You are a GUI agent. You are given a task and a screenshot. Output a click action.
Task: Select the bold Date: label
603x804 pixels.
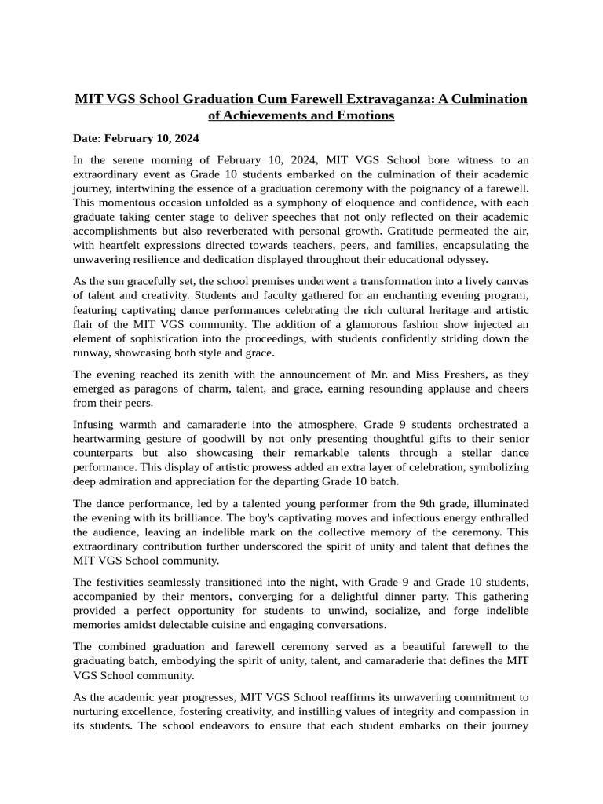pyautogui.click(x=88, y=138)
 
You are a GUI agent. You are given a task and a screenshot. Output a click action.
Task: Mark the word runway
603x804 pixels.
pyautogui.click(x=92, y=353)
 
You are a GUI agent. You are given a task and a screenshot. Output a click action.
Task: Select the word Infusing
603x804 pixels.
pyautogui.click(x=95, y=425)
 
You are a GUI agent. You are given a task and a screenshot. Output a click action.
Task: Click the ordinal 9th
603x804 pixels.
pyautogui.click(x=422, y=503)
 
